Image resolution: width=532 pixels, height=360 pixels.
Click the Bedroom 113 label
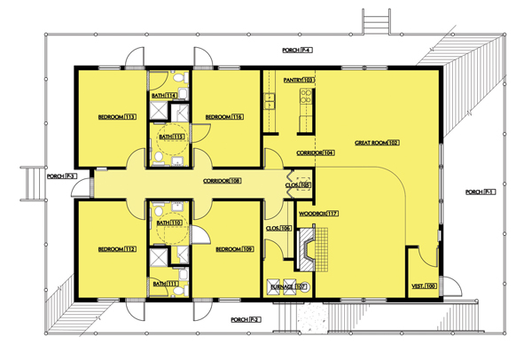pos(117,117)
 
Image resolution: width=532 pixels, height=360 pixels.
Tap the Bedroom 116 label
pos(224,117)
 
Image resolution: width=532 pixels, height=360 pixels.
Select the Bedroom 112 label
pos(117,248)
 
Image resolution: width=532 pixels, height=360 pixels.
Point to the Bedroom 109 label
pos(224,248)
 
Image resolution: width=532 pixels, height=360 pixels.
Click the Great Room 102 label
pos(379,142)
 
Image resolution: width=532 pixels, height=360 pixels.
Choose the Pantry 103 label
pos(299,80)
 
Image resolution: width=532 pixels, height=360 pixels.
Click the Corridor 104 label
pos(315,153)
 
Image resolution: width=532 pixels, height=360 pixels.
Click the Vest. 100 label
pos(424,286)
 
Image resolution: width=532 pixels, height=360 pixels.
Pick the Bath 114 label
pos(165,95)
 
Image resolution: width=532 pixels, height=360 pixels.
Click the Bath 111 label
pos(165,283)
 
